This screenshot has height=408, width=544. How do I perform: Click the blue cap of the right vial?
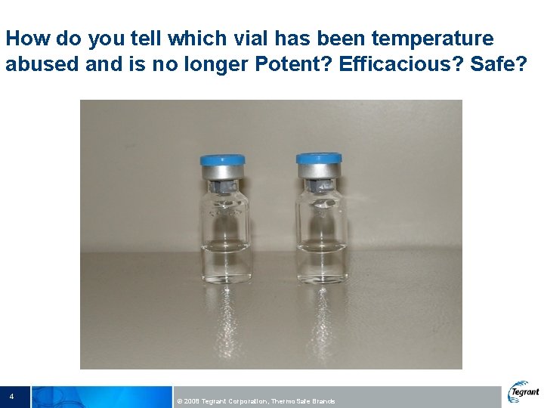pyautogui.click(x=318, y=159)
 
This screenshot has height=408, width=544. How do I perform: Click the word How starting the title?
pyautogui.click(x=25, y=38)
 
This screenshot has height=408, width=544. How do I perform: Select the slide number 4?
pyautogui.click(x=12, y=396)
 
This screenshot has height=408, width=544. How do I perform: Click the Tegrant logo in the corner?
pyautogui.click(x=524, y=392)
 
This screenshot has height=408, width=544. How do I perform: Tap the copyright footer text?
pyautogui.click(x=255, y=401)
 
